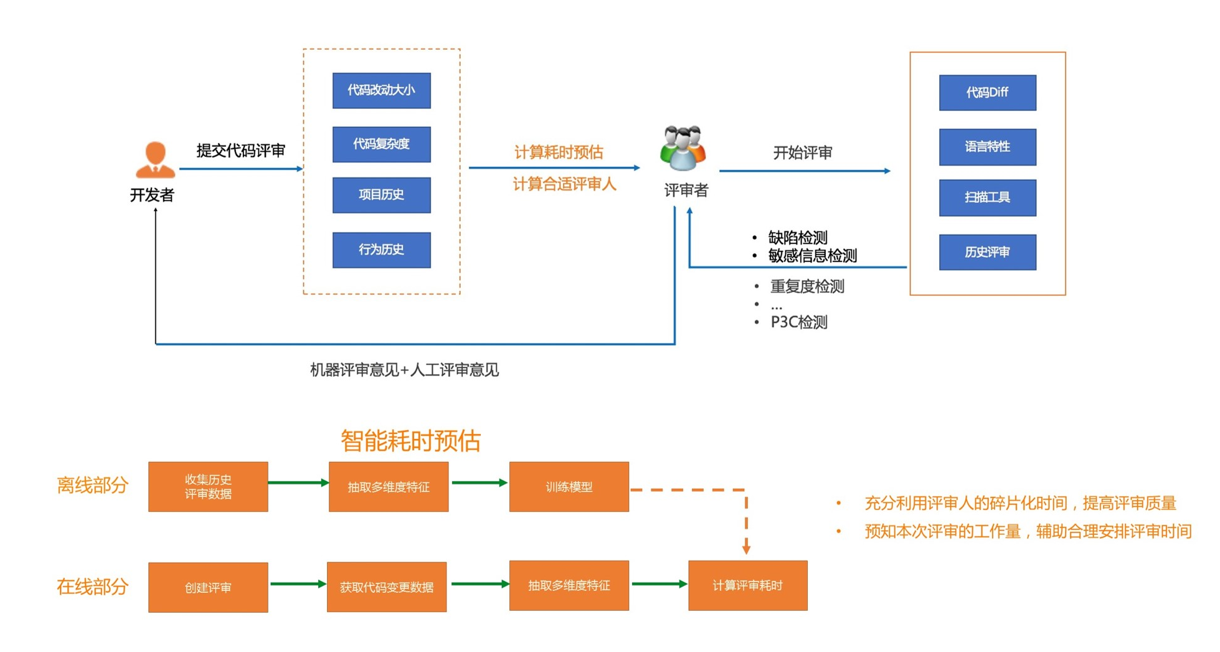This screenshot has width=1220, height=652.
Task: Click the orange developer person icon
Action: coord(154,159)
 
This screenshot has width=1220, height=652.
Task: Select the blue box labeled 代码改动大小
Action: coord(381,90)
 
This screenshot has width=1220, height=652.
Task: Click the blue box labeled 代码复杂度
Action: coord(381,144)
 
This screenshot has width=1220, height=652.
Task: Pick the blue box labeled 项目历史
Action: coord(381,195)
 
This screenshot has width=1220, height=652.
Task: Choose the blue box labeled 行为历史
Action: coord(381,250)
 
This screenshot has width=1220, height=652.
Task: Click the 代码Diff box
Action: coord(987,93)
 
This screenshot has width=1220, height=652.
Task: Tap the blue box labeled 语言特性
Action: coord(987,147)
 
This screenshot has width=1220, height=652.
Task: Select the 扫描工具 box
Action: coord(987,198)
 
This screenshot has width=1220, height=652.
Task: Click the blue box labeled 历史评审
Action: coord(987,252)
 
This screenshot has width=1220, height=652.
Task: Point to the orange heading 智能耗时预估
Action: coord(410,441)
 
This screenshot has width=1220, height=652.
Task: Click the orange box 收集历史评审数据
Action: coord(208,487)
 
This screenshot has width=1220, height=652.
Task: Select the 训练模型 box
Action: coord(569,487)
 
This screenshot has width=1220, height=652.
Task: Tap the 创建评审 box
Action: coord(208,587)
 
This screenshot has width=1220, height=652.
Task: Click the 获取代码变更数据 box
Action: coord(387,587)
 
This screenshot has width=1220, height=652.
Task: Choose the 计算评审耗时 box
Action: coord(747,585)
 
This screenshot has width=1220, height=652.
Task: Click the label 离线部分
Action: coord(92,485)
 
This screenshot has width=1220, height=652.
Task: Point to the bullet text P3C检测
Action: coord(798,323)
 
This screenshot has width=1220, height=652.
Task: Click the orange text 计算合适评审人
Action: coord(564,184)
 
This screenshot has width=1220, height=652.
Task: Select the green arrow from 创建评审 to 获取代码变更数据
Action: coord(298,584)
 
